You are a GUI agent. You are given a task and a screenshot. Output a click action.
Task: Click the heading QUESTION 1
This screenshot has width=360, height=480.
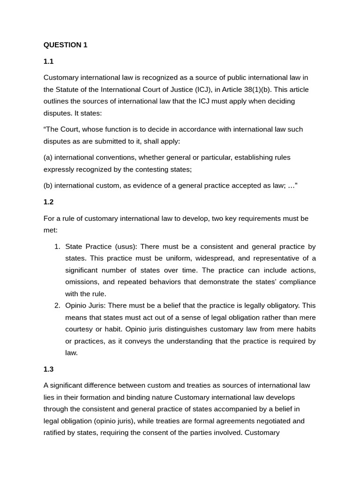coord(65,45)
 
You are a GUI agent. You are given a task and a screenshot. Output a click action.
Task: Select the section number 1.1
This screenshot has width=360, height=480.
coord(49,61)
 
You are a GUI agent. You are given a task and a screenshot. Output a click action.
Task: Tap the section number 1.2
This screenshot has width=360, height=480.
coord(49,202)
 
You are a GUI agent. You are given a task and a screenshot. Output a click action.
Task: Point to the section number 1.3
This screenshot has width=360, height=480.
coord(49,369)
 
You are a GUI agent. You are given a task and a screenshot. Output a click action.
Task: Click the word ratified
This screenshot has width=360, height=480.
coord(56,433)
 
